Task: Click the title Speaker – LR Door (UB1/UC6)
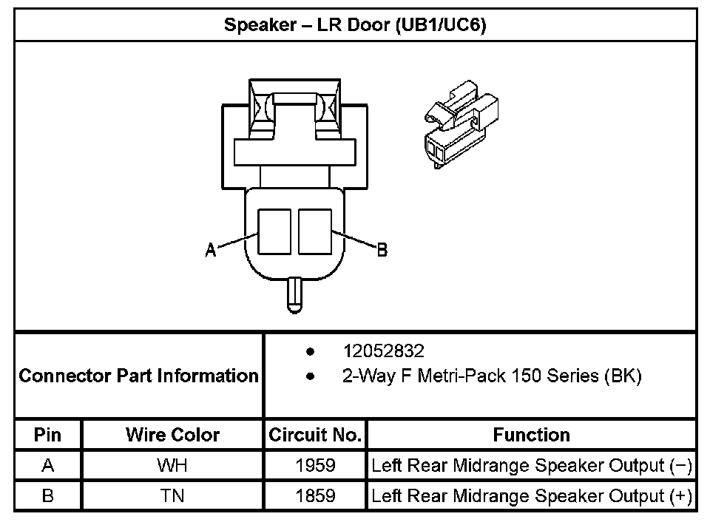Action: coord(355,25)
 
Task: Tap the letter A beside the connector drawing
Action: coord(211,251)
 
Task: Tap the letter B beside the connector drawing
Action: coord(382,251)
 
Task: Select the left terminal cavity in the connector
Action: coord(274,231)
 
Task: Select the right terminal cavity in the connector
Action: coord(314,231)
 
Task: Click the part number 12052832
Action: coord(383,350)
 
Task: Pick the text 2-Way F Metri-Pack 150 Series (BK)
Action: coord(491,376)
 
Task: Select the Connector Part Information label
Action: coord(139,376)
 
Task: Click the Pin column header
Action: coord(48,435)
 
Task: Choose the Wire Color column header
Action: coord(172,435)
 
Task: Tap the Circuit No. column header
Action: coord(315,435)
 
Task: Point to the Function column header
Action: coord(531,435)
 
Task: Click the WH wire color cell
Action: coord(172,466)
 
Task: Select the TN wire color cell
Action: coord(172,495)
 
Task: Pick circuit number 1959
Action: coord(315,466)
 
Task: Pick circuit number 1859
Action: coord(315,495)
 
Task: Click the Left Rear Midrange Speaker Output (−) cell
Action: coord(531,466)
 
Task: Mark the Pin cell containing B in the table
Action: coord(48,495)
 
